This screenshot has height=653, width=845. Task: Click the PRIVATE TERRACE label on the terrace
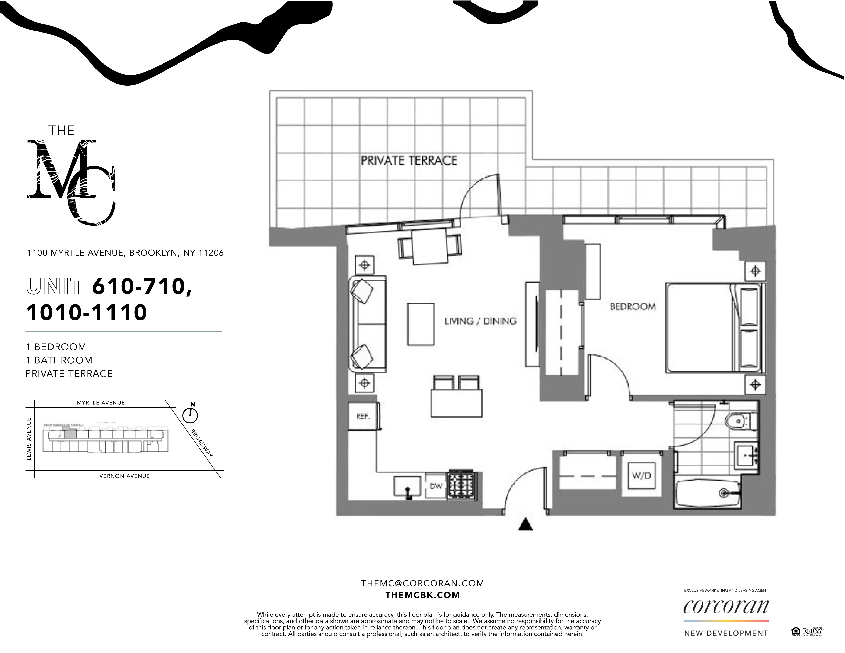click(409, 160)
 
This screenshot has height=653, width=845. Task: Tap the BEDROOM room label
click(633, 307)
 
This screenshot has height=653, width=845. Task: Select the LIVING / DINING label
click(480, 321)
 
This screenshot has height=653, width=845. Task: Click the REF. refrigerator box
click(363, 416)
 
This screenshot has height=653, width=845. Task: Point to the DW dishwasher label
click(436, 486)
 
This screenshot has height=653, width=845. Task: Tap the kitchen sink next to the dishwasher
click(408, 486)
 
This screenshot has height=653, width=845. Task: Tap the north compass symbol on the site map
click(190, 415)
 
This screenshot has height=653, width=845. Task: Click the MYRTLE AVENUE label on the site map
click(101, 403)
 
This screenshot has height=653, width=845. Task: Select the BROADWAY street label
click(201, 443)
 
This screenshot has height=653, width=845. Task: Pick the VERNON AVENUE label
click(125, 476)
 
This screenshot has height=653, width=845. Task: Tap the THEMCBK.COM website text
click(422, 595)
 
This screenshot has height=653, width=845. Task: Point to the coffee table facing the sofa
click(421, 324)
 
